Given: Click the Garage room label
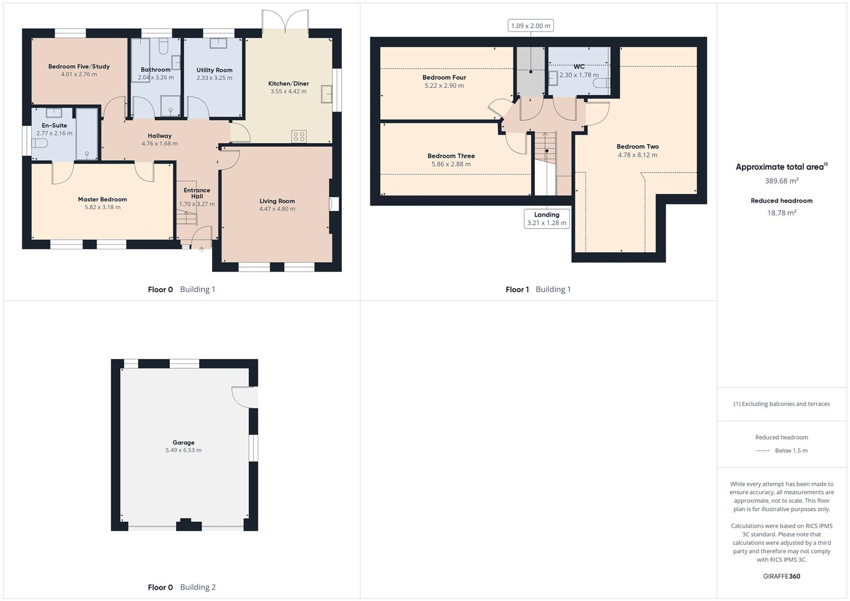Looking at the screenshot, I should (x=183, y=443).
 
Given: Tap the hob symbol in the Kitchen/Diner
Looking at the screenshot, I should (x=299, y=136).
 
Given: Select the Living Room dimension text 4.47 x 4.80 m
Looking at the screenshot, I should (x=277, y=209).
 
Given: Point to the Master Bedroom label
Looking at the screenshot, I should (x=102, y=199).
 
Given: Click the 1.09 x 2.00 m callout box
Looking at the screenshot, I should (x=530, y=26).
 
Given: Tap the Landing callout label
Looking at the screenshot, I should (x=547, y=215).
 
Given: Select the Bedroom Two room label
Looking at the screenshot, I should (x=637, y=147).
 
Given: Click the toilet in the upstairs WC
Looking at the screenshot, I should (x=601, y=83).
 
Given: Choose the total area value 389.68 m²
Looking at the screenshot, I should (x=782, y=181).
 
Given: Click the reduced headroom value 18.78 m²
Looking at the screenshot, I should (x=782, y=213).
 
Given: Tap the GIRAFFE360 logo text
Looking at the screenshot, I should (x=782, y=577).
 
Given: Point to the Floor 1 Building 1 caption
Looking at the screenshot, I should (x=538, y=289).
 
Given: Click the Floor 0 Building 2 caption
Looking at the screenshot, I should (x=181, y=587).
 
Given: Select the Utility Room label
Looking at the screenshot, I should (x=214, y=70).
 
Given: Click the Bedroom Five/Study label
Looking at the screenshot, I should (x=79, y=67).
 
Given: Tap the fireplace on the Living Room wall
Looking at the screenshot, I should (x=333, y=204).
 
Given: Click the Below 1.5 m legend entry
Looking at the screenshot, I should (x=791, y=451).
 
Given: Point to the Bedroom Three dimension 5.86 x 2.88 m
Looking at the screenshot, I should (x=451, y=164).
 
